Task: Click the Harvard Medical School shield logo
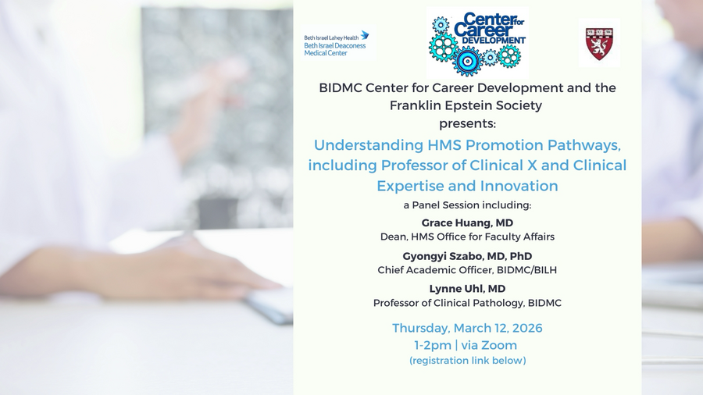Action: point(599,44)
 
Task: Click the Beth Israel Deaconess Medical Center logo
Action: point(336,44)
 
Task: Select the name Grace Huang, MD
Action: point(467,222)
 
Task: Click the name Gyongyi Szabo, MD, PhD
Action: point(467,256)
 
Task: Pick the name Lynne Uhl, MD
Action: point(467,289)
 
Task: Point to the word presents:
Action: point(467,123)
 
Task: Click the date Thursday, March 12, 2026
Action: point(467,328)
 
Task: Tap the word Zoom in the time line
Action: point(498,345)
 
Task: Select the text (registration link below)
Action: point(467,361)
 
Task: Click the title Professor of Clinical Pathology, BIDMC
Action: point(467,303)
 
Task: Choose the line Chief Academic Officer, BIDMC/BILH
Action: point(467,270)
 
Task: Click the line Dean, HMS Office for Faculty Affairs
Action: point(467,237)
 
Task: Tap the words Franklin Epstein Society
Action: point(466,105)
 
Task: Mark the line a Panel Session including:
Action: point(467,205)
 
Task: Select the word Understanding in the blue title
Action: point(368,145)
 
